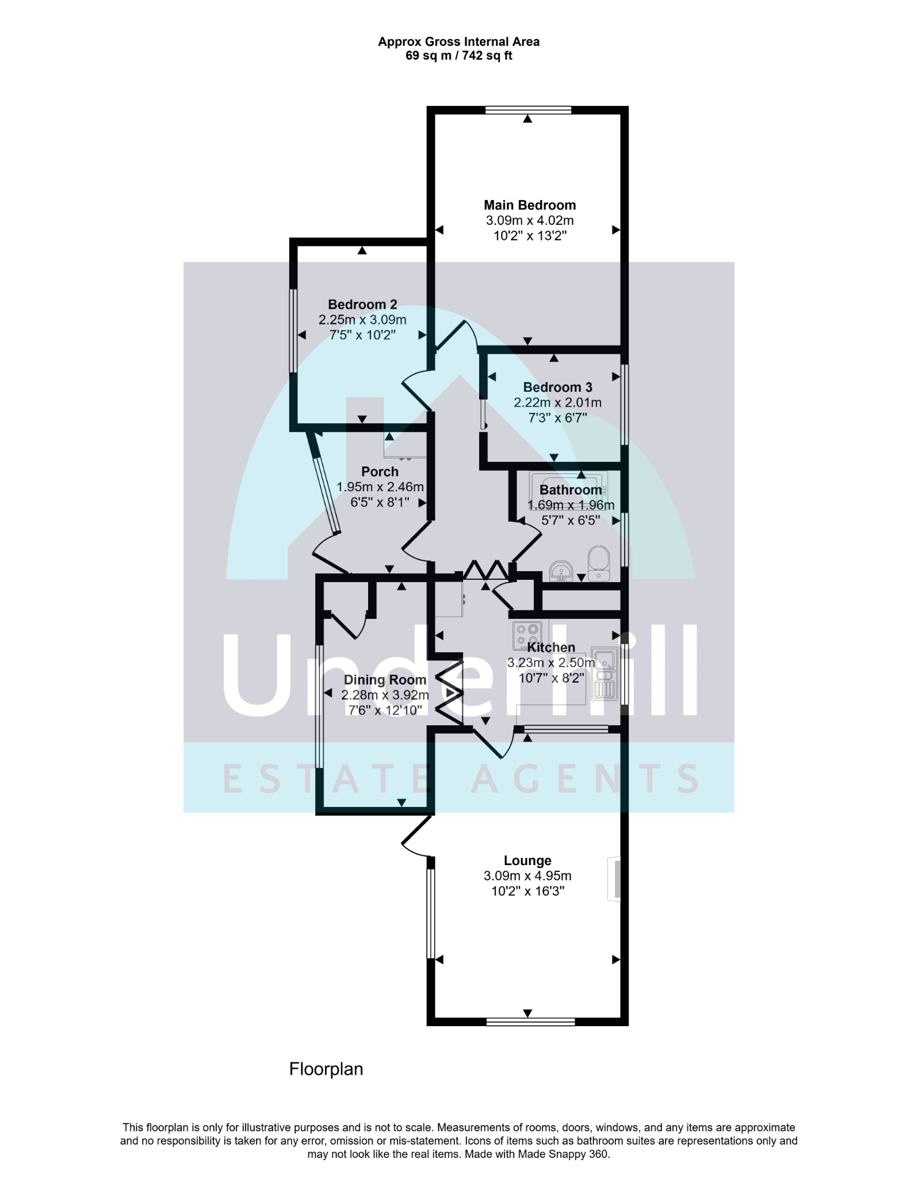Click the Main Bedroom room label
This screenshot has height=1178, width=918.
pos(530,205)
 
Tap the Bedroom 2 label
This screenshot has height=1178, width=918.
pos(362,305)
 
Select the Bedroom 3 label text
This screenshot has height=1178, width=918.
pos(557,387)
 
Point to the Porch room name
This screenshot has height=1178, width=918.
pos(380,472)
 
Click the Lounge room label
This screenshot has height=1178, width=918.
pos(527,860)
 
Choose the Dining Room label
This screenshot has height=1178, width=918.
pos(385,680)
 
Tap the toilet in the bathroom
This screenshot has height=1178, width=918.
pos(599,563)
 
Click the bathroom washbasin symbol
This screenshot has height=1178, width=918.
pos(561,571)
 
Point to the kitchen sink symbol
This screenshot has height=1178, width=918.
pos(604,674)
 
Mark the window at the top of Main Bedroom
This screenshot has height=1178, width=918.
pos(528,110)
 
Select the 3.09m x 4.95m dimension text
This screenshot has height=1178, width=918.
pos(527,876)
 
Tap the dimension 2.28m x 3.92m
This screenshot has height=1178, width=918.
pos(385,695)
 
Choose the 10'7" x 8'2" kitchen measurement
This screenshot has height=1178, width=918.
pos(552,678)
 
